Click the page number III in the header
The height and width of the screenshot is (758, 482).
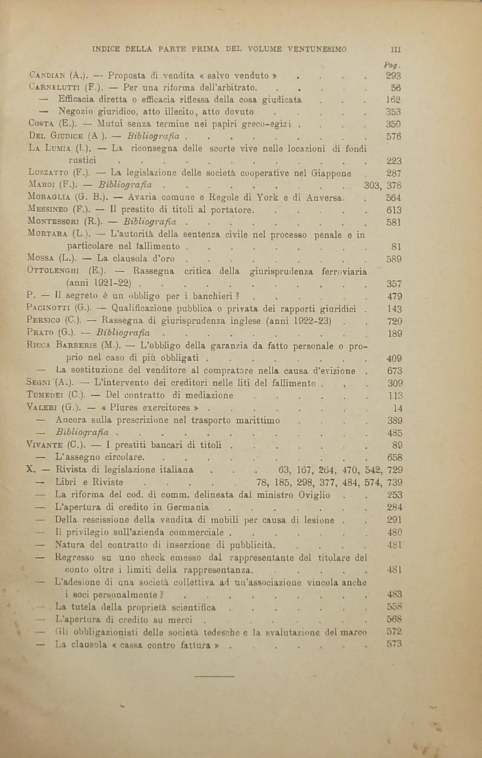pyautogui.click(x=395, y=50)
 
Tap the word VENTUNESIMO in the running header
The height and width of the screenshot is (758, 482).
pyautogui.click(x=317, y=49)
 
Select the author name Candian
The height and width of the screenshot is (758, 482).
pyautogui.click(x=47, y=76)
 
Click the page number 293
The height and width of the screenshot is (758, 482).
pyautogui.click(x=393, y=76)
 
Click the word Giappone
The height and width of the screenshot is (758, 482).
pyautogui.click(x=331, y=173)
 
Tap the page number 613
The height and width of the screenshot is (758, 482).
pyautogui.click(x=393, y=210)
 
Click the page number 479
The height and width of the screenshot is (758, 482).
pyautogui.click(x=395, y=296)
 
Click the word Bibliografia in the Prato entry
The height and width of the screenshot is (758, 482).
pyautogui.click(x=123, y=333)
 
